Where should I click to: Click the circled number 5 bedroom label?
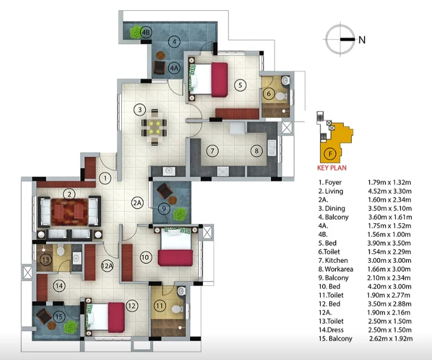tap(240, 85)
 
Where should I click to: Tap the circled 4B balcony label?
tap(146, 32)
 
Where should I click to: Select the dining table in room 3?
tap(154, 127)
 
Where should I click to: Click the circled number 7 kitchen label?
tap(213, 151)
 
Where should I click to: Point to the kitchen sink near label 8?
tap(272, 148)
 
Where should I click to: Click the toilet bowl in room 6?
tap(281, 97)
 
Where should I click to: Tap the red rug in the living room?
tap(69, 212)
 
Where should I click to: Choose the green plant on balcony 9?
tap(180, 214)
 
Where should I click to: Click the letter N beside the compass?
tap(362, 40)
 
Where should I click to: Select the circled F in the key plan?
tap(331, 153)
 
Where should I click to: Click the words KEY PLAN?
tap(332, 168)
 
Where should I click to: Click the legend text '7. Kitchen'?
tap(333, 261)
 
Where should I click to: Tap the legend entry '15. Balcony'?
tap(335, 339)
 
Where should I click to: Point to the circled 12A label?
tap(107, 266)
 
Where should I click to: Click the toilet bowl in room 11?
tap(177, 309)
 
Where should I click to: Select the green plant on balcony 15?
tap(70, 327)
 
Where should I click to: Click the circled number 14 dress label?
tap(59, 286)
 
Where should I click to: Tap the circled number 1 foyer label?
tap(105, 178)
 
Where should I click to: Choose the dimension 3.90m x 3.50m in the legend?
tap(389, 243)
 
